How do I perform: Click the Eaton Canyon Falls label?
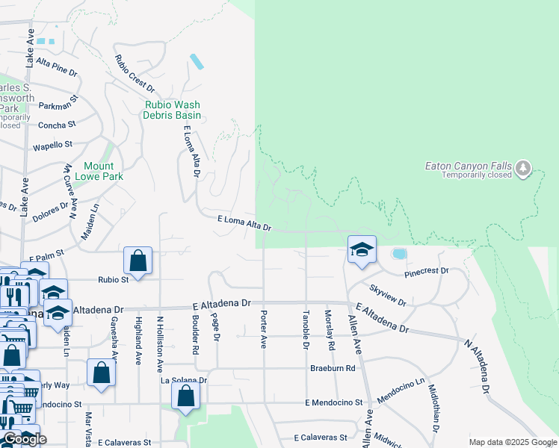(x=467, y=165)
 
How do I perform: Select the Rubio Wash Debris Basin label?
(x=173, y=110)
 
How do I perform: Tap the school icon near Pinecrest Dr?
(x=362, y=249)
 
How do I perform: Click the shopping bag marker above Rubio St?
(x=138, y=261)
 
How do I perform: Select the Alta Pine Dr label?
(x=56, y=67)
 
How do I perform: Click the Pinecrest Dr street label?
(x=426, y=271)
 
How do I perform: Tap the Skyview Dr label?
(x=387, y=295)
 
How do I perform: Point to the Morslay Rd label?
(x=328, y=331)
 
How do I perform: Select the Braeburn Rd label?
(x=333, y=368)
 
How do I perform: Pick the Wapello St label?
(x=52, y=145)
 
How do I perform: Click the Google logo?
(x=25, y=439)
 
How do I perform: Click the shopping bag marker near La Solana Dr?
(x=186, y=396)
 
